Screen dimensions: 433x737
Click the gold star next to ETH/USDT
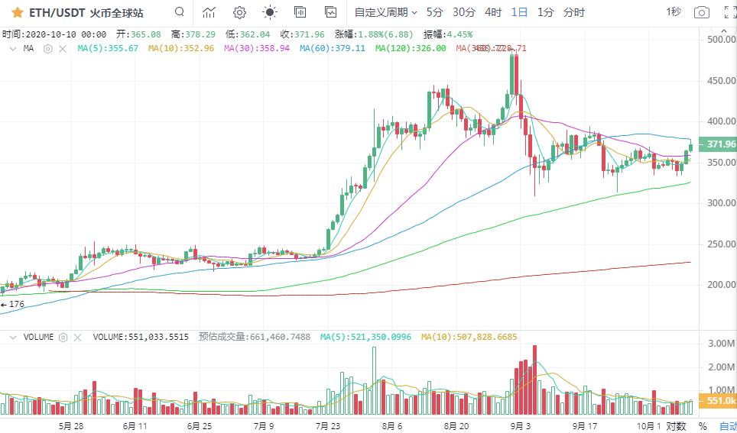17,12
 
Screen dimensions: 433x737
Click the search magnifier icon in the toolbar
179,12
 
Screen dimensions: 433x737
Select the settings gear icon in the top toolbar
239,12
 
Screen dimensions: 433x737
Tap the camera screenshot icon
701,12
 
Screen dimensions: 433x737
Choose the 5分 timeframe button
434,12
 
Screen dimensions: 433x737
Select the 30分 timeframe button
463,12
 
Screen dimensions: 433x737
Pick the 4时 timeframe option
493,12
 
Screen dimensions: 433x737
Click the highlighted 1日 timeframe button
519,12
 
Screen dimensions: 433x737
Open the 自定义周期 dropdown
386,12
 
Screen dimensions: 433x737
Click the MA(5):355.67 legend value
108,48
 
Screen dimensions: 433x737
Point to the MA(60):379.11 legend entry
332,48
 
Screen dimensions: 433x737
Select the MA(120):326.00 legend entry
411,48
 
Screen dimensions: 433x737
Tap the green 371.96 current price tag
720,144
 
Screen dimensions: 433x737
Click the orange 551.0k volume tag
720,401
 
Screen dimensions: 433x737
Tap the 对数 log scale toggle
676,425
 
